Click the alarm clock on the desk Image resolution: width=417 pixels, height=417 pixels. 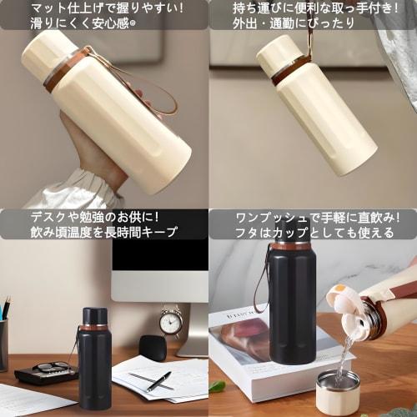[171, 320]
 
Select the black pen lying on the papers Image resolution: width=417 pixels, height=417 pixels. [158, 380]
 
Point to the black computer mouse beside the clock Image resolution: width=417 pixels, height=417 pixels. [152, 347]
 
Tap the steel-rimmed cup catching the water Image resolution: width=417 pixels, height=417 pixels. [338, 391]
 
